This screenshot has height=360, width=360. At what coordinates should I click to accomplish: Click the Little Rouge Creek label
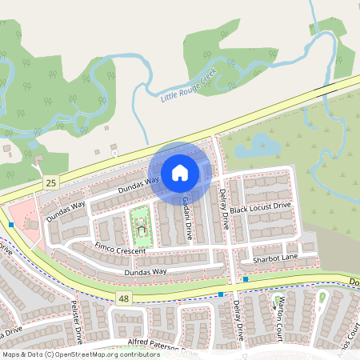(x=189, y=85)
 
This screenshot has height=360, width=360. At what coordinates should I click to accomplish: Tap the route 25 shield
(x=50, y=184)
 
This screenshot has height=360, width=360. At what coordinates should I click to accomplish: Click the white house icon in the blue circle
(x=180, y=173)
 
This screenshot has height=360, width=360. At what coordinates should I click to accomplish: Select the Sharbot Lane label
(x=274, y=258)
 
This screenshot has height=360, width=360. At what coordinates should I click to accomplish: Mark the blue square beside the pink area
(x=11, y=225)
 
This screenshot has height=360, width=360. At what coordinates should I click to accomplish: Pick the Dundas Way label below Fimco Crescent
(x=145, y=272)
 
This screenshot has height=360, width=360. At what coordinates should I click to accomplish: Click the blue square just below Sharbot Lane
(x=246, y=279)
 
